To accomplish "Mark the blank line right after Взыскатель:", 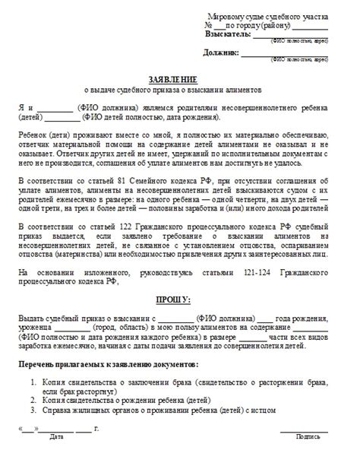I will click(x=289, y=36).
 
